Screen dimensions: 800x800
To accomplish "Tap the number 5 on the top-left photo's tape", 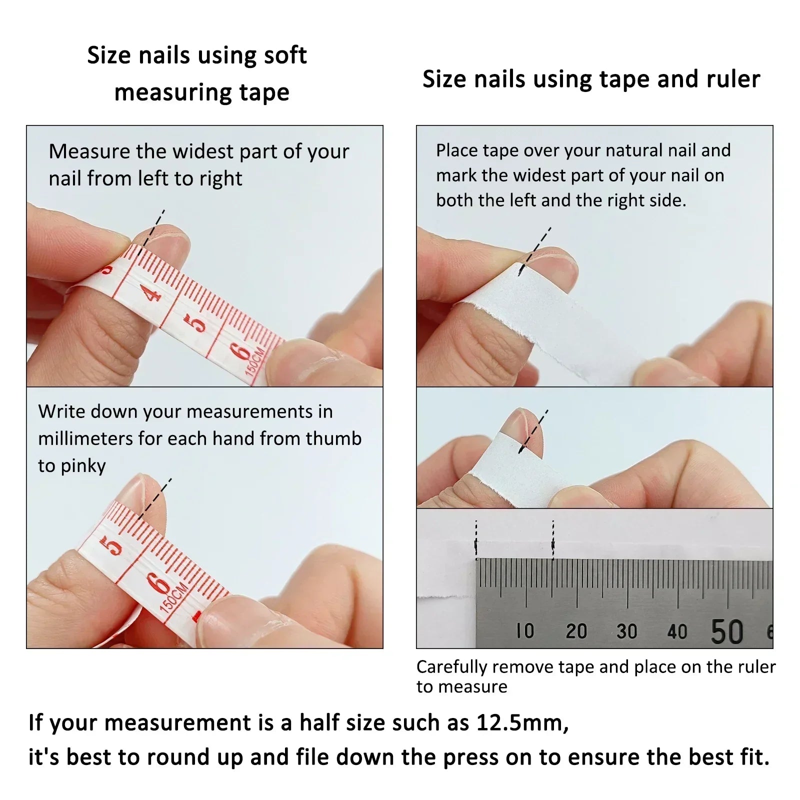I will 197,322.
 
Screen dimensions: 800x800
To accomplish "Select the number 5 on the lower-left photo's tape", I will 113,546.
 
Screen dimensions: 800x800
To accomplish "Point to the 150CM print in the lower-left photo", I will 173,596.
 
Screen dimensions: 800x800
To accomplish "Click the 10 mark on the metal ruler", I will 525,631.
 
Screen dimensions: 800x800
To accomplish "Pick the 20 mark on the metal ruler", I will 576,631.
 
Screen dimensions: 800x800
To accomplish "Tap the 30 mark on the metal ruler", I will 626,631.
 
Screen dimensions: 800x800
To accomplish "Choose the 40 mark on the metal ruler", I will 677,631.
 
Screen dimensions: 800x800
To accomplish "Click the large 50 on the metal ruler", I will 727,631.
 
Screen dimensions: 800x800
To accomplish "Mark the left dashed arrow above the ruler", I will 476,540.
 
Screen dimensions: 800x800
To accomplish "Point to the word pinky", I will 83,466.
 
